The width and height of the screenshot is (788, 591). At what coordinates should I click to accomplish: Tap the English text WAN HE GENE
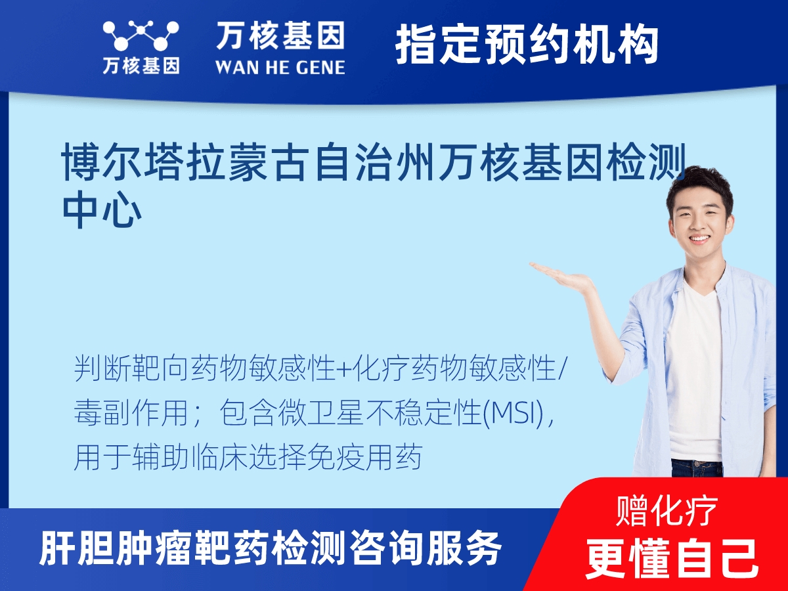pyautogui.click(x=280, y=67)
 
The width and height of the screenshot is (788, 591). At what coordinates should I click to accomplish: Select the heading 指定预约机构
pyautogui.click(x=527, y=45)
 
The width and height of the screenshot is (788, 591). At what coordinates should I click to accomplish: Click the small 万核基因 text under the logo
pyautogui.click(x=141, y=66)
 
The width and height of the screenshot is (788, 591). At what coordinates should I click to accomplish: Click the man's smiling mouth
pyautogui.click(x=699, y=239)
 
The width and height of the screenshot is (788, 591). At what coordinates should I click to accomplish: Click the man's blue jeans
pyautogui.click(x=696, y=468)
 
